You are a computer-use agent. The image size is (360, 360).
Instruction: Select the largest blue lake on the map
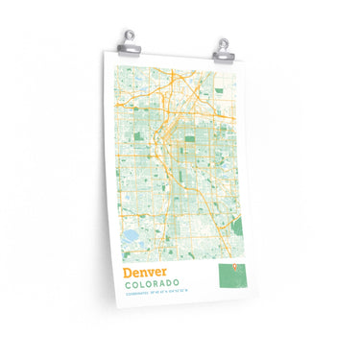[x=129, y=235]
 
